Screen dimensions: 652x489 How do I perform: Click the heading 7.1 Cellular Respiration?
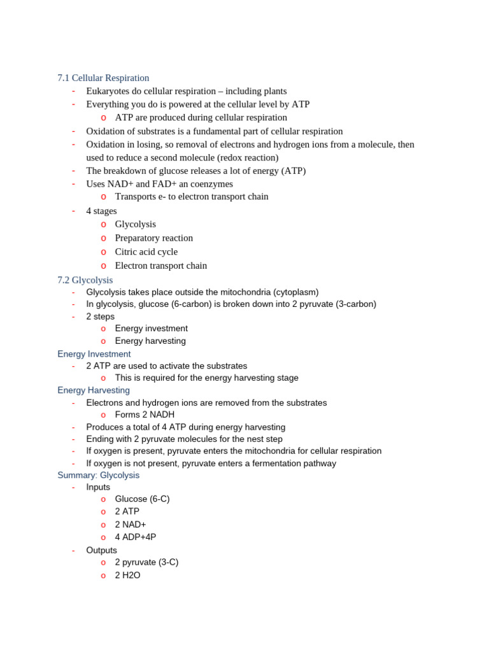(103, 78)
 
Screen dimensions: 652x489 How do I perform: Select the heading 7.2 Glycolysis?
(85, 280)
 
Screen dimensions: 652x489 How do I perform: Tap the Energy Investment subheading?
(94, 354)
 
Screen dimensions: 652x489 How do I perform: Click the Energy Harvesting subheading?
(93, 390)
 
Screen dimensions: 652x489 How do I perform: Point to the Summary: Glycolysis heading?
(98, 475)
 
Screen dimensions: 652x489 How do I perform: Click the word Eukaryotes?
(108, 91)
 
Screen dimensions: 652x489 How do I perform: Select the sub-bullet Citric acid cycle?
(146, 252)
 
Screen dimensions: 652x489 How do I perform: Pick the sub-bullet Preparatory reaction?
(153, 237)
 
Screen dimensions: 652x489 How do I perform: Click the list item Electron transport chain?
(160, 266)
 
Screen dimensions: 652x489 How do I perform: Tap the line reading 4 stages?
(101, 211)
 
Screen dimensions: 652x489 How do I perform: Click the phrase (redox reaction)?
(247, 157)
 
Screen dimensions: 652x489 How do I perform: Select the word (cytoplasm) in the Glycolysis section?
(295, 292)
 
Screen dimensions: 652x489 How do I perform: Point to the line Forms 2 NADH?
(145, 415)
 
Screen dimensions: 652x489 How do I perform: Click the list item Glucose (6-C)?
(142, 499)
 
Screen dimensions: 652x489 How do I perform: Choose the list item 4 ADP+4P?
(135, 537)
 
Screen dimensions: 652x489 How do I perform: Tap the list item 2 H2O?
(127, 575)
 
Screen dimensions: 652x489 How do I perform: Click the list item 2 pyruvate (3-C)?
(146, 562)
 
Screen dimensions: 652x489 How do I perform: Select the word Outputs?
(101, 550)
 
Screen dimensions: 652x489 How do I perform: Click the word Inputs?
(98, 487)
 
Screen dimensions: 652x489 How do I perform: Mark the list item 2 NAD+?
(131, 524)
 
